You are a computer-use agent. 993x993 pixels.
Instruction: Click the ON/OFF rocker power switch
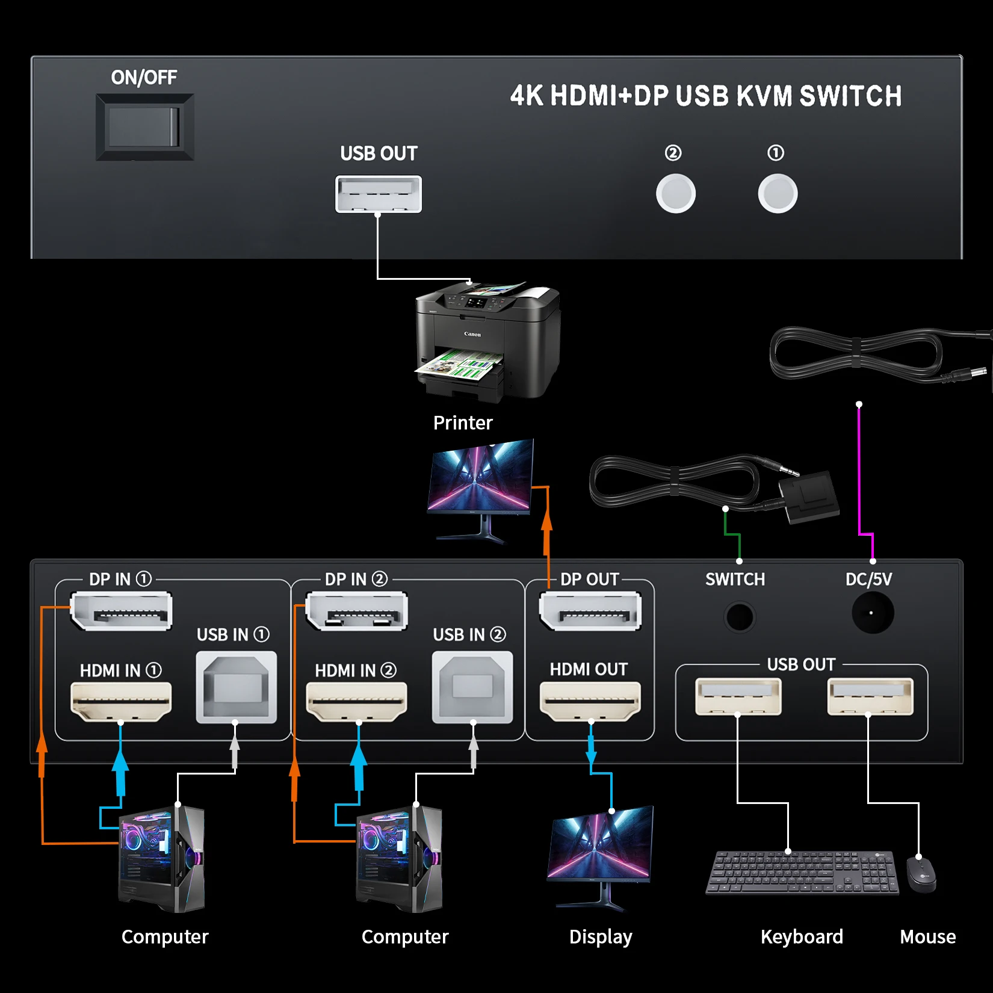pos(144,127)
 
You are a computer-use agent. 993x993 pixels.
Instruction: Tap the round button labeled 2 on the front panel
pos(675,193)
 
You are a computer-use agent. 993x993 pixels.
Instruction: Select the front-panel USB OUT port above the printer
pos(379,194)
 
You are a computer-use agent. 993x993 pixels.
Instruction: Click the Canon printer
pos(488,340)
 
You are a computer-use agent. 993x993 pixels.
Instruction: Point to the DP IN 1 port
pos(122,611)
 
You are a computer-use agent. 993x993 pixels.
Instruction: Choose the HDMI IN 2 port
pos(357,701)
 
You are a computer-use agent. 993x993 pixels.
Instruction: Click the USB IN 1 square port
pos(237,687)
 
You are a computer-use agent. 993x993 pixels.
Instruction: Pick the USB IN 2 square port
pos(472,687)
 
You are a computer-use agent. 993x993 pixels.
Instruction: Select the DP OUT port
pos(590,611)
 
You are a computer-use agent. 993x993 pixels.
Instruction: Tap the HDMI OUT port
pos(590,701)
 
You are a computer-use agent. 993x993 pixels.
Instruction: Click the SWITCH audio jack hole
pos(739,617)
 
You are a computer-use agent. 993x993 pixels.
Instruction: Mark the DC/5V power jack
pos(872,613)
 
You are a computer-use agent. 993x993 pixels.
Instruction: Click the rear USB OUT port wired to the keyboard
pos(738,696)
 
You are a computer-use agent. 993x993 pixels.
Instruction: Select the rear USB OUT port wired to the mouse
pos(870,696)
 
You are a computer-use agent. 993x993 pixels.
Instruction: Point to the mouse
pos(921,873)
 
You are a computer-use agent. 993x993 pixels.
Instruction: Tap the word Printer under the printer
pos(463,422)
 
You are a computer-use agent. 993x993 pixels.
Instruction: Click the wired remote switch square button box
pos(809,496)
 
